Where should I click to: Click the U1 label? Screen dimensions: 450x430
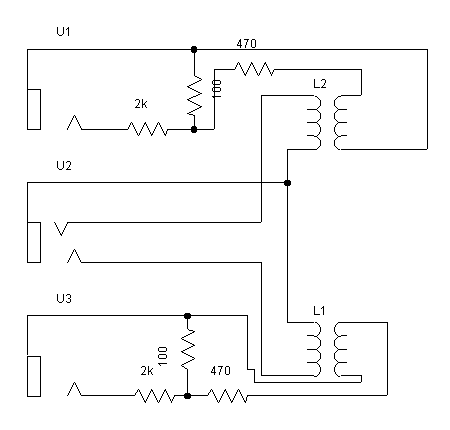pyautogui.click(x=63, y=32)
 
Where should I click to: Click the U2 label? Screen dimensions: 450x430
pyautogui.click(x=64, y=165)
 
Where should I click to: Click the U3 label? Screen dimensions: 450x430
pyautogui.click(x=64, y=298)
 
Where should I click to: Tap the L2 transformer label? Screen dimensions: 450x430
pyautogui.click(x=320, y=83)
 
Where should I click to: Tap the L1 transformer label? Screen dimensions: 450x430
pyautogui.click(x=319, y=311)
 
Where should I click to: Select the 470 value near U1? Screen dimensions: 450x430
pyautogui.click(x=246, y=44)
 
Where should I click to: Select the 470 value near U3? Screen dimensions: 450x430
pyautogui.click(x=220, y=370)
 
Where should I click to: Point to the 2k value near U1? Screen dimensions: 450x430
pyautogui.click(x=141, y=104)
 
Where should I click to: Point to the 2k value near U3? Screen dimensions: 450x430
pyautogui.click(x=147, y=370)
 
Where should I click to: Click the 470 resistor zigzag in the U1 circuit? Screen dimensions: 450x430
pyautogui.click(x=255, y=69)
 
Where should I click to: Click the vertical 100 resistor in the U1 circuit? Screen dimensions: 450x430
pyautogui.click(x=194, y=95)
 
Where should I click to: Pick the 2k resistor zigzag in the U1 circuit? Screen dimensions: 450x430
pyautogui.click(x=148, y=129)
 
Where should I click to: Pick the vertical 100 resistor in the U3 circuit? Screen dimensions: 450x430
pyautogui.click(x=188, y=349)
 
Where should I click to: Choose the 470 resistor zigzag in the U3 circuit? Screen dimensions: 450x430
pyautogui.click(x=228, y=396)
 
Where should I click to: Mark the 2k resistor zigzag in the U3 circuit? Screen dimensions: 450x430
pyautogui.click(x=155, y=396)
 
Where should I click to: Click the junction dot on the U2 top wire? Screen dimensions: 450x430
pyautogui.click(x=287, y=183)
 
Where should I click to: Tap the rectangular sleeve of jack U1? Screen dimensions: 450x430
pyautogui.click(x=34, y=109)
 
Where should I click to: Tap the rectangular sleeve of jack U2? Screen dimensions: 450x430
pyautogui.click(x=34, y=242)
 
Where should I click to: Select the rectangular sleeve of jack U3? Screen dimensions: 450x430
pyautogui.click(x=34, y=376)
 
